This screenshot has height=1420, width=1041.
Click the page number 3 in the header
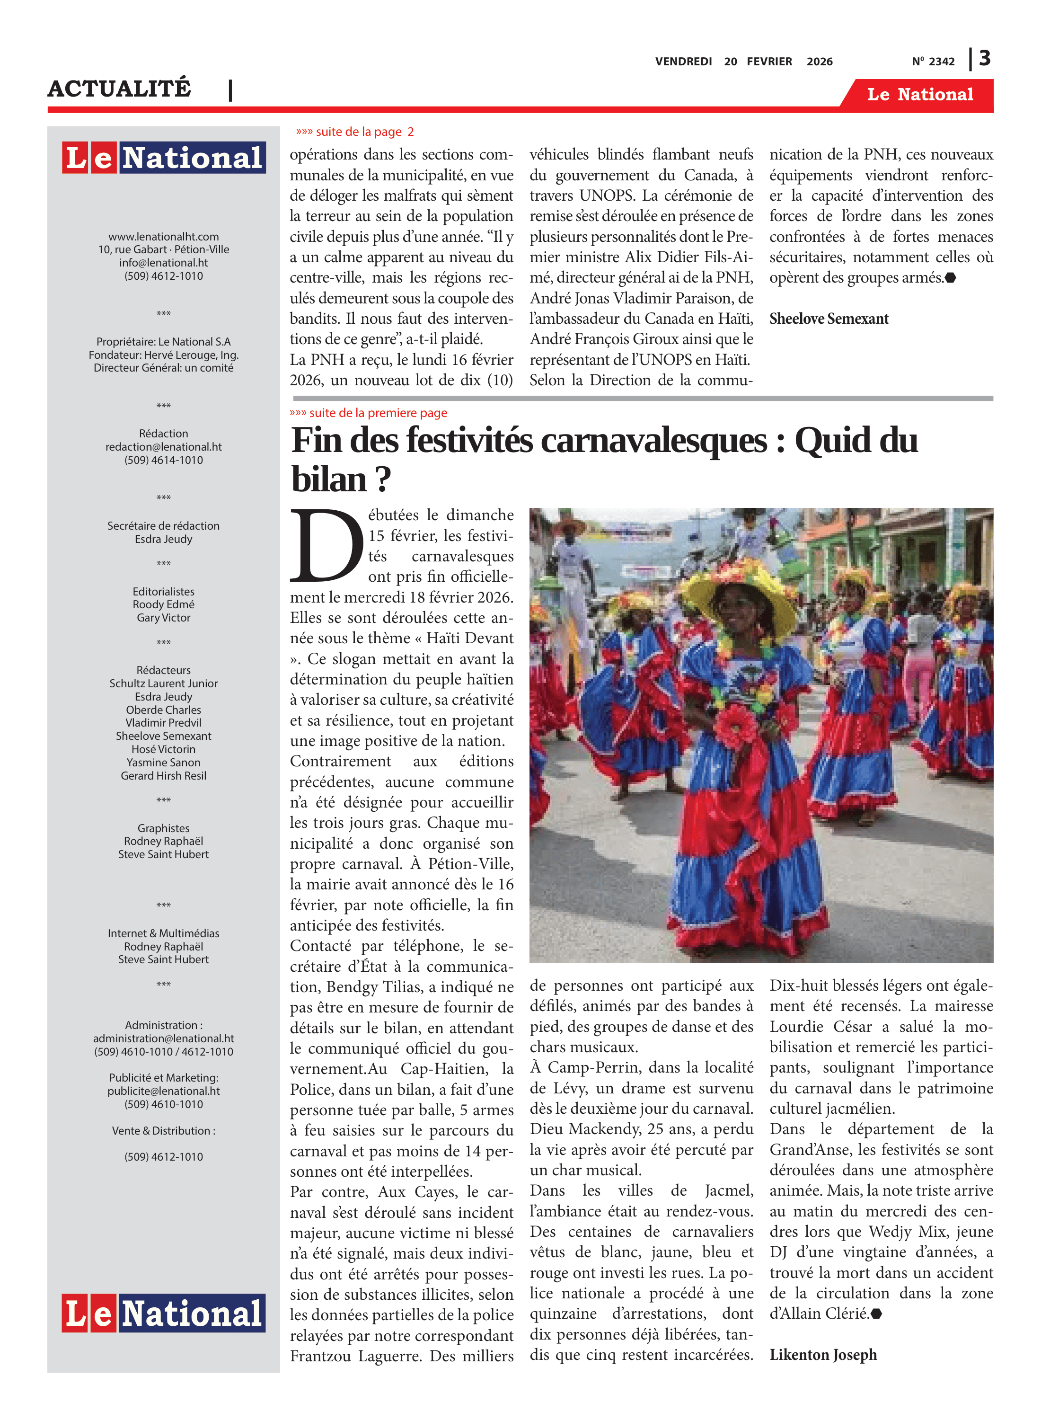pos(984,59)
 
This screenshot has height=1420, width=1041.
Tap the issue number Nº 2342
pos(933,62)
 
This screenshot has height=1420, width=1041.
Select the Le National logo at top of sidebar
pos(164,157)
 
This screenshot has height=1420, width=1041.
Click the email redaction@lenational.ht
pos(164,447)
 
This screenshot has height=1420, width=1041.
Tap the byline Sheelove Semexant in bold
pos(829,319)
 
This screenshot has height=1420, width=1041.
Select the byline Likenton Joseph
pos(823,1355)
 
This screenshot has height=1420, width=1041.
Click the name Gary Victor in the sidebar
pos(164,618)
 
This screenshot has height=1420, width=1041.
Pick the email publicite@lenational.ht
pos(164,1091)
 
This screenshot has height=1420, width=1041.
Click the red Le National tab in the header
pos(919,95)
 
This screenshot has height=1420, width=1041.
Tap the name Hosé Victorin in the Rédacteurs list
pos(164,749)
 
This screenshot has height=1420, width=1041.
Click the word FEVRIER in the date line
pos(769,62)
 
